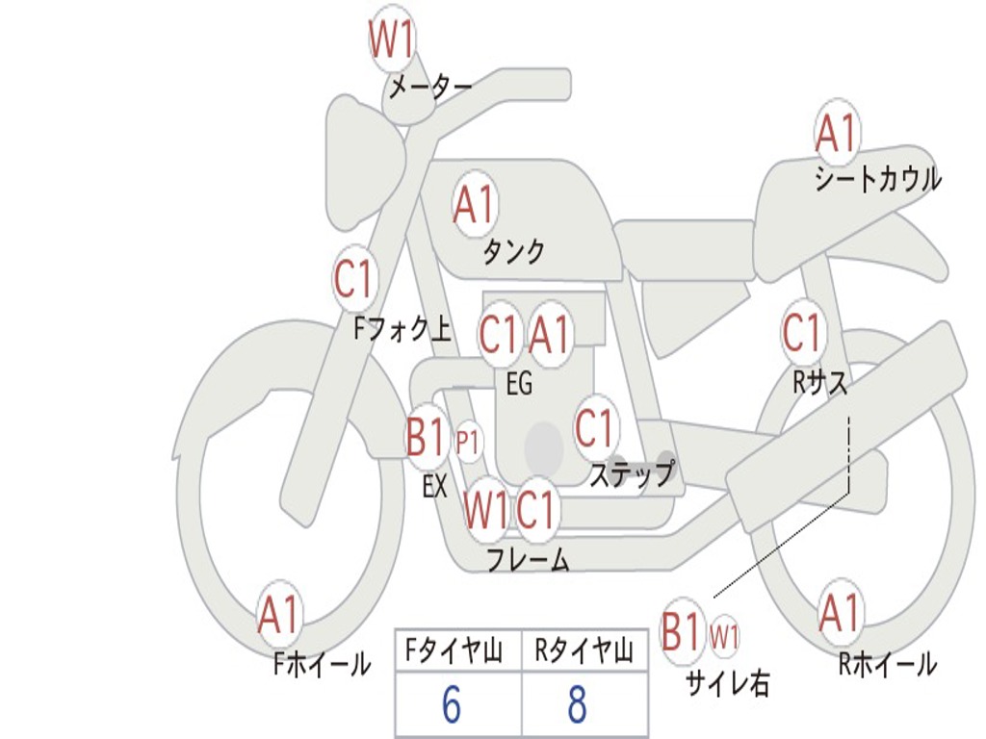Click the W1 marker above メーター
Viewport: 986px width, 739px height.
tap(391, 38)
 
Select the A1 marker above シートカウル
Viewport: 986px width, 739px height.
tap(837, 132)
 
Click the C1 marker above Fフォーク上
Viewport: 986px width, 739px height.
tap(354, 278)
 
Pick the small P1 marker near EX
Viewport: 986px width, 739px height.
tap(468, 443)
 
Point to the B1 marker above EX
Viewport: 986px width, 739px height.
tap(425, 436)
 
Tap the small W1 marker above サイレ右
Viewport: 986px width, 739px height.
tap(724, 637)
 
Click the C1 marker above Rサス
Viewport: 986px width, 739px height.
tap(802, 331)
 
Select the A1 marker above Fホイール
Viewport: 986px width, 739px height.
tap(278, 614)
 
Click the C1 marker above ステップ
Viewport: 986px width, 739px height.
tap(595, 428)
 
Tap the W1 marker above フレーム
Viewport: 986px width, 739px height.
tap(486, 510)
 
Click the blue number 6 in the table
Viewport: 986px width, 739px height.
tap(452, 703)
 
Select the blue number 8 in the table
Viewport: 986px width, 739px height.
tap(578, 703)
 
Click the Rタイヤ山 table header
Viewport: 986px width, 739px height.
tap(584, 650)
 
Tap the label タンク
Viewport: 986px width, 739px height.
tap(514, 251)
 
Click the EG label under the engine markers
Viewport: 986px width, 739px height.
tap(520, 383)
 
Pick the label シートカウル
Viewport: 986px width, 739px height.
tap(878, 179)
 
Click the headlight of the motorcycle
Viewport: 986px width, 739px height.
tap(365, 162)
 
